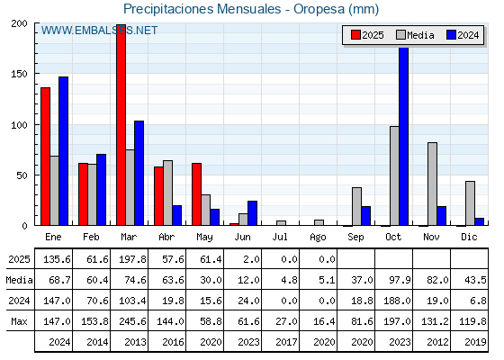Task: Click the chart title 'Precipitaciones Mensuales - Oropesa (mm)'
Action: coord(251,9)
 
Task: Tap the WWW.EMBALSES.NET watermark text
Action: coord(99,31)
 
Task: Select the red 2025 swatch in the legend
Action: coord(355,35)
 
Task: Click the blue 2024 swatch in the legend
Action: coord(451,35)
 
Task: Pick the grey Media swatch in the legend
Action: coord(400,35)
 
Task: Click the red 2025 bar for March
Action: coord(121,125)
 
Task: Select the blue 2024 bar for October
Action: coord(404,137)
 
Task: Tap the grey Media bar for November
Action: coord(432,184)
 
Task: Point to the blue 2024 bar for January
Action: coord(63,151)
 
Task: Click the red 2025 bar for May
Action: coord(197,194)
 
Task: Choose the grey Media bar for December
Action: coord(470,203)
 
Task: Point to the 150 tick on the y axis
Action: coord(19,74)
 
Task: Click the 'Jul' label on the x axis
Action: coord(280,237)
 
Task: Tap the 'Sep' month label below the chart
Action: coord(355,238)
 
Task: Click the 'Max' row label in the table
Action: coord(19,321)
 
